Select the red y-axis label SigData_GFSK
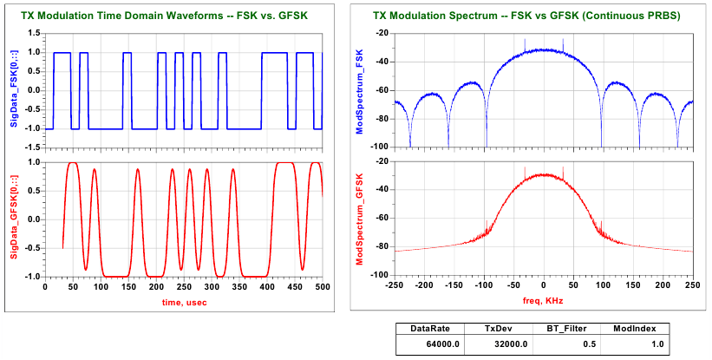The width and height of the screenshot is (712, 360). (x=15, y=219)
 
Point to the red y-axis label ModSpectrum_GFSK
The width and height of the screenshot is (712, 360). (x=359, y=218)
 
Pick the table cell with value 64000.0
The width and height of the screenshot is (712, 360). (x=441, y=344)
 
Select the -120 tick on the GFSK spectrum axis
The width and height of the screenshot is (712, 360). (x=378, y=274)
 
